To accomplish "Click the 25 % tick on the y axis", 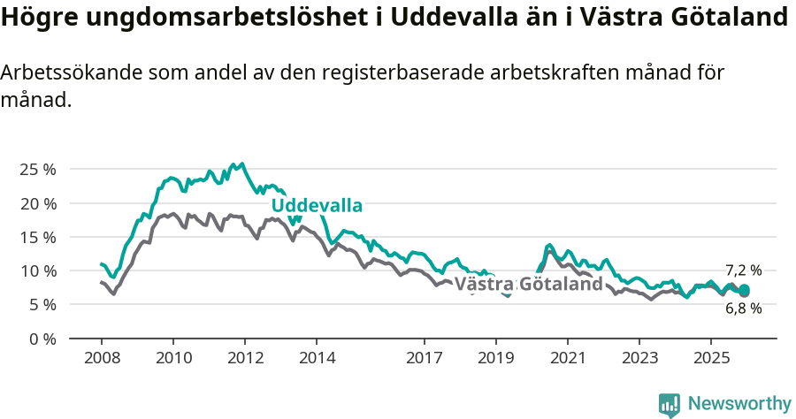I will [37, 169].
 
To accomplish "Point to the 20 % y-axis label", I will [37, 203].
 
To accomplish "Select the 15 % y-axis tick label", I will [37, 237].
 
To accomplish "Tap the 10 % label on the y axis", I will [37, 270].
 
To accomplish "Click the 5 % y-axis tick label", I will [42, 304].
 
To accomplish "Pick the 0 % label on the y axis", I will [42, 339].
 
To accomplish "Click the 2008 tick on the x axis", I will [102, 359].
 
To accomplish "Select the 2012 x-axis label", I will [245, 359].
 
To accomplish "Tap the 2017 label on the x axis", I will [424, 359].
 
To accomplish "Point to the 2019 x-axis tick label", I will [495, 359].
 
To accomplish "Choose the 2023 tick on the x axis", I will [639, 359].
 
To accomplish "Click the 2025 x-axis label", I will [710, 359].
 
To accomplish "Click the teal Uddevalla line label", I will [317, 206].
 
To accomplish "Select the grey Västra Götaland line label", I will [529, 284].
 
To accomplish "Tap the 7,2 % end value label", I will [743, 270].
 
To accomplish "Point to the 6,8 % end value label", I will [743, 309].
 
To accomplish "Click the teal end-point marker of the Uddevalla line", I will [745, 290].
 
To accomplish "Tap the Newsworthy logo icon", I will [670, 405].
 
